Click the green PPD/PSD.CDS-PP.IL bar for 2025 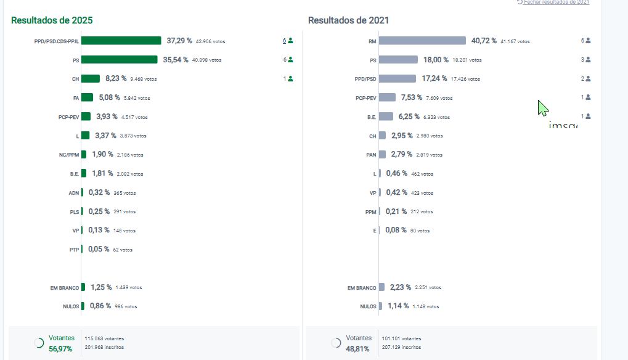click(121, 41)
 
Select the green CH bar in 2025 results click(91, 78)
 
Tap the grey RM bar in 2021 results click(422, 41)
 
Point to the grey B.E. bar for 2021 click(386, 117)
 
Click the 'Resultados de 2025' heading click(52, 20)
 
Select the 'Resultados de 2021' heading click(349, 20)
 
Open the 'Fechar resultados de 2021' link click(556, 2)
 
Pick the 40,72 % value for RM click(484, 41)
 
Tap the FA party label click(76, 97)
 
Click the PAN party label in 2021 click(370, 154)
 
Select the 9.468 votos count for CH click(144, 79)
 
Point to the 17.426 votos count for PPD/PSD click(461, 79)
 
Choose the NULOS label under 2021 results click(368, 306)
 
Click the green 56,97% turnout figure click(60, 349)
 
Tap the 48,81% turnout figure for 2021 click(358, 349)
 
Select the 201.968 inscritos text click(104, 347)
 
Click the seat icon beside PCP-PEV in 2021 click(588, 97)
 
